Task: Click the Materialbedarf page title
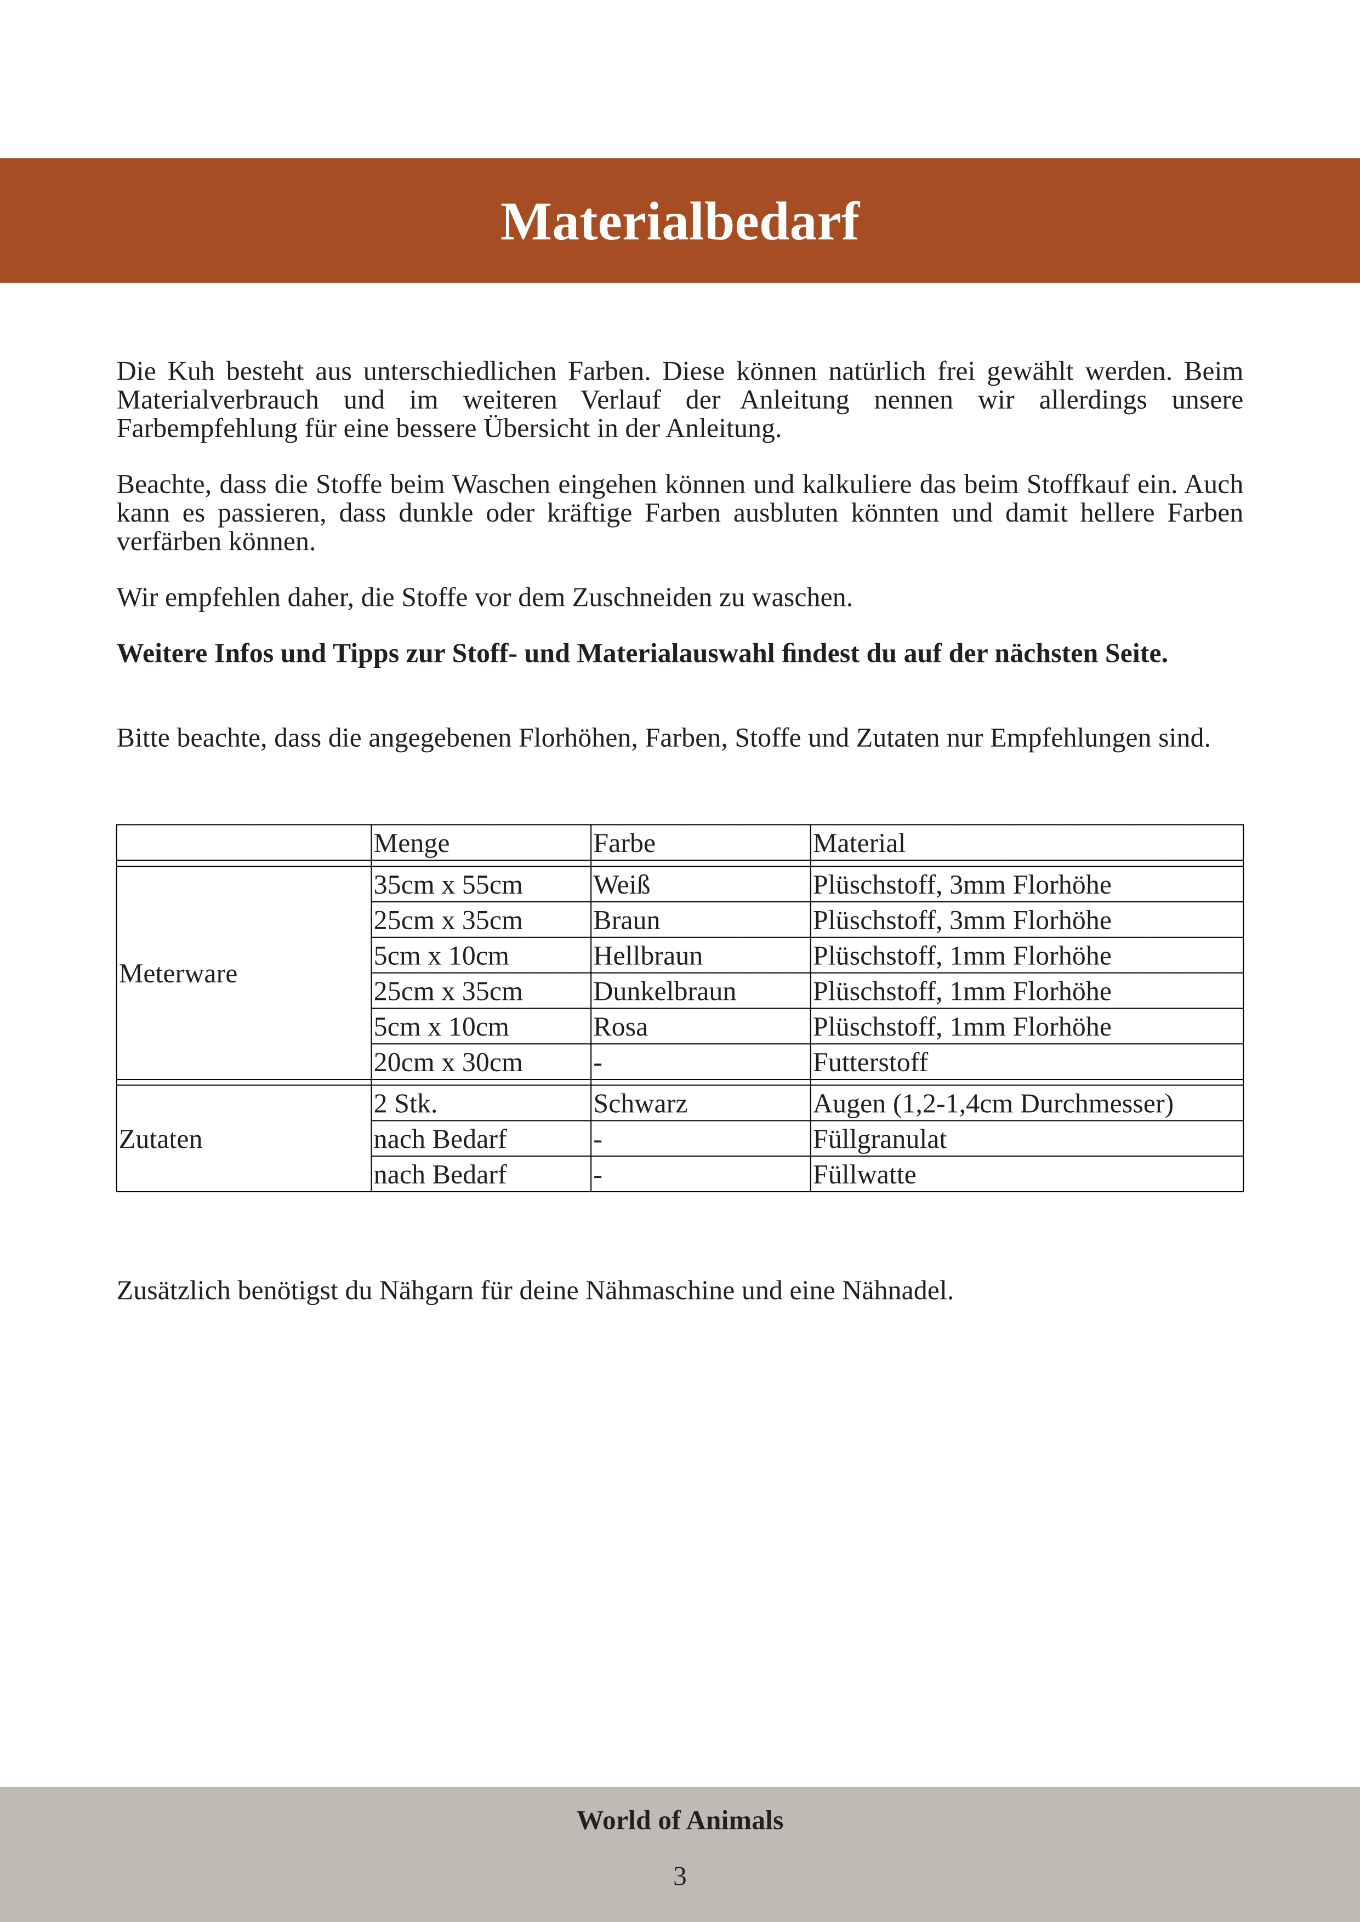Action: [x=679, y=222]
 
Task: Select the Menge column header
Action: [x=411, y=843]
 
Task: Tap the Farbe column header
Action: [x=624, y=843]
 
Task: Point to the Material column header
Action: [x=858, y=843]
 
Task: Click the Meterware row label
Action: [x=178, y=974]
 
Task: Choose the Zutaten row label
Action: [x=161, y=1139]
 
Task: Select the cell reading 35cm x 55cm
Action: [x=448, y=885]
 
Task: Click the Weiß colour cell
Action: [x=622, y=885]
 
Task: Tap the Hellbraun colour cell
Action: [x=647, y=956]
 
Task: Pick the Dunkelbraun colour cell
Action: [x=664, y=991]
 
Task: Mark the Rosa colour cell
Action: [x=620, y=1027]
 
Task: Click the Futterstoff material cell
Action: [x=870, y=1062]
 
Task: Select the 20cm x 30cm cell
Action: [x=448, y=1062]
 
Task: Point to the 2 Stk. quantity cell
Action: [x=405, y=1104]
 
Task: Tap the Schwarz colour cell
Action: [x=640, y=1104]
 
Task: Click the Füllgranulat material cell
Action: [x=879, y=1139]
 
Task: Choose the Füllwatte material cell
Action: [x=864, y=1175]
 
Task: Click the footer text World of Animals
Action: [x=679, y=1820]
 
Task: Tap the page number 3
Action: [x=679, y=1876]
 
